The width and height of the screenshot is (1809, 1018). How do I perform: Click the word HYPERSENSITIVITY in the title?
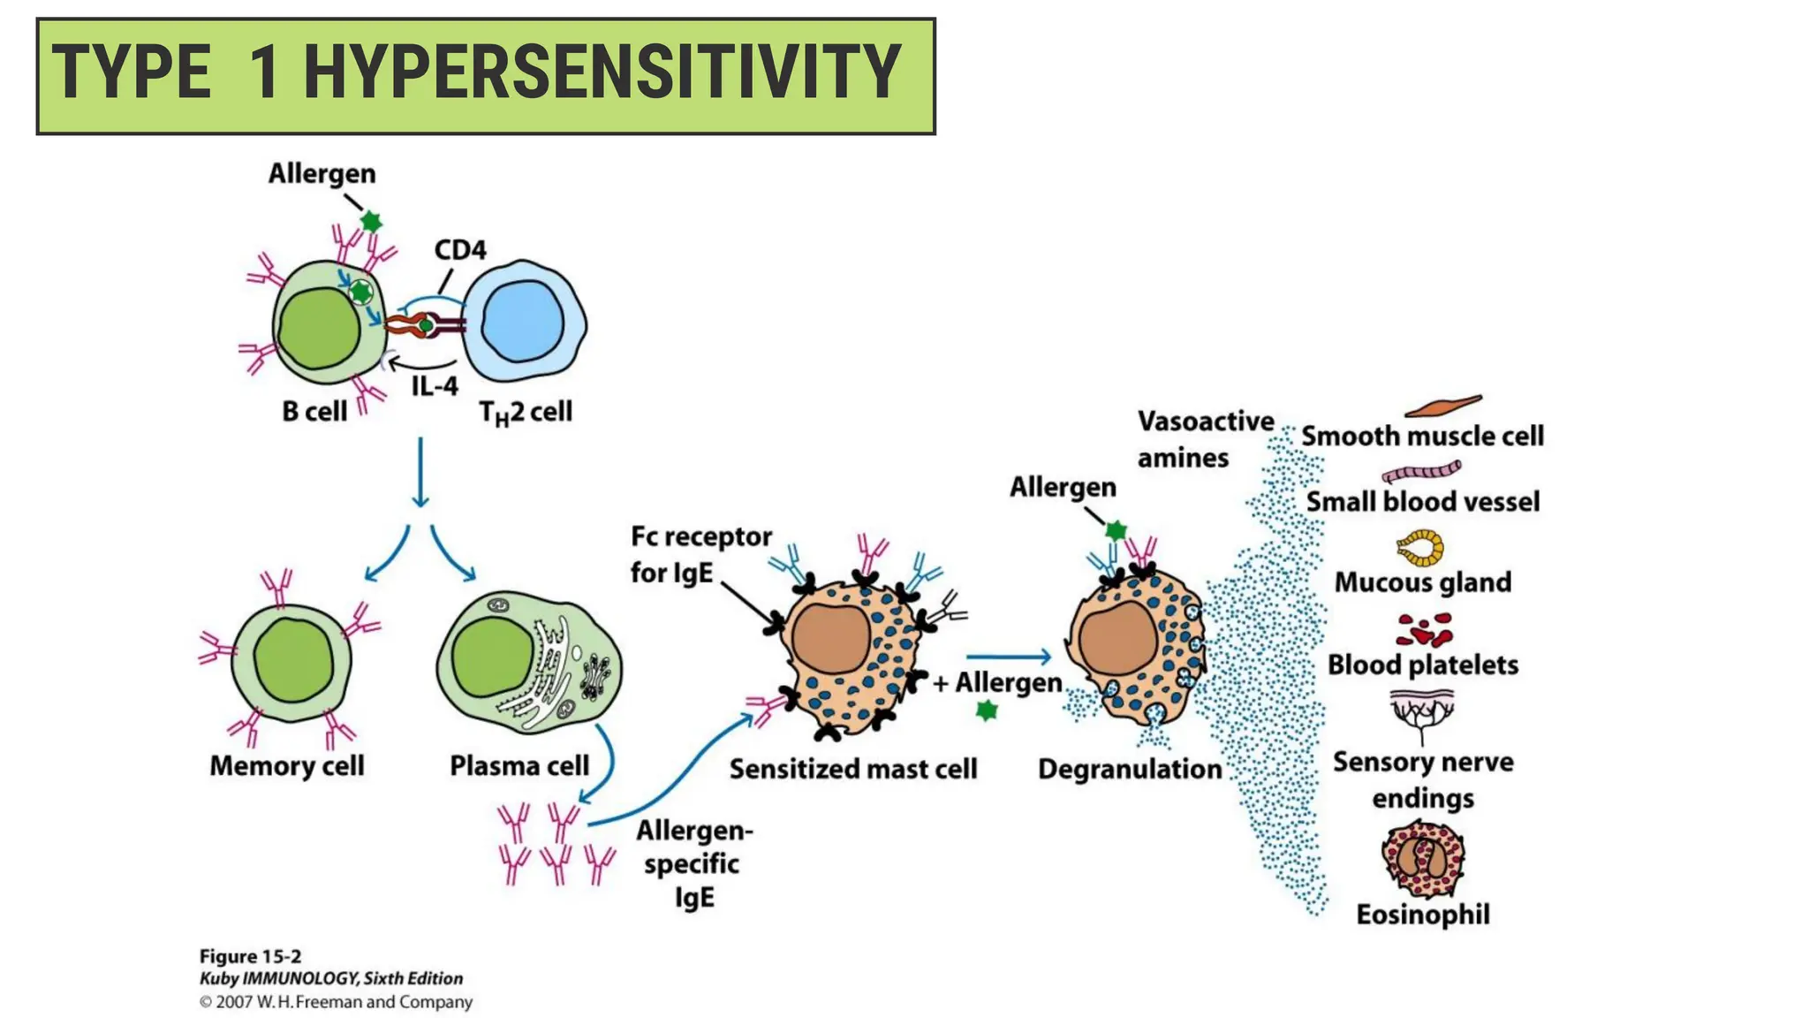pos(602,72)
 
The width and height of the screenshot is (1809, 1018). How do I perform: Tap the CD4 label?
pos(460,250)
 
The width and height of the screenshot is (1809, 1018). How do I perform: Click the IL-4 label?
pos(435,386)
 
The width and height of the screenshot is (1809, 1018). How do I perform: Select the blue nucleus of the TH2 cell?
pos(523,322)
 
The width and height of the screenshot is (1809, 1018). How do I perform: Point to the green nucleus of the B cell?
pos(319,328)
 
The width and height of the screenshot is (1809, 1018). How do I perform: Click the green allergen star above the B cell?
pos(371,221)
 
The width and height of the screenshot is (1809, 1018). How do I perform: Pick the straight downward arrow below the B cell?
pos(420,472)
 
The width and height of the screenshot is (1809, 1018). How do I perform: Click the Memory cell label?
pos(286,765)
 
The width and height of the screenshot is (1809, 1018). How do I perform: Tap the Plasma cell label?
pos(518,765)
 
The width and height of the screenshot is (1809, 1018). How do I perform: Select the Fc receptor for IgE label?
pos(700,554)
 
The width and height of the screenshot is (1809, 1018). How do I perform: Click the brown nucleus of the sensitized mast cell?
pos(830,639)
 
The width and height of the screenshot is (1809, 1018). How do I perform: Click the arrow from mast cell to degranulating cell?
pos(1008,657)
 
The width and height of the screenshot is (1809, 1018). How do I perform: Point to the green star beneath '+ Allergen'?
pos(987,710)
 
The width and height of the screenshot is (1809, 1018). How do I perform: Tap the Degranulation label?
pos(1129,769)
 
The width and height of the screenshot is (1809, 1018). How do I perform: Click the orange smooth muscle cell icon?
pos(1442,406)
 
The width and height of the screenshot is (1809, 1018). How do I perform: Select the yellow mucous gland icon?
pos(1420,548)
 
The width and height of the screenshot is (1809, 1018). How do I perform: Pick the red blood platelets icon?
pos(1423,631)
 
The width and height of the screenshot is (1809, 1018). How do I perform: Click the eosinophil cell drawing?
pos(1422,858)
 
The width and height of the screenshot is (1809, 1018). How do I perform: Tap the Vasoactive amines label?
pos(1205,439)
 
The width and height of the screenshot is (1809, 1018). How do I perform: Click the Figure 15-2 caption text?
pos(250,956)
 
